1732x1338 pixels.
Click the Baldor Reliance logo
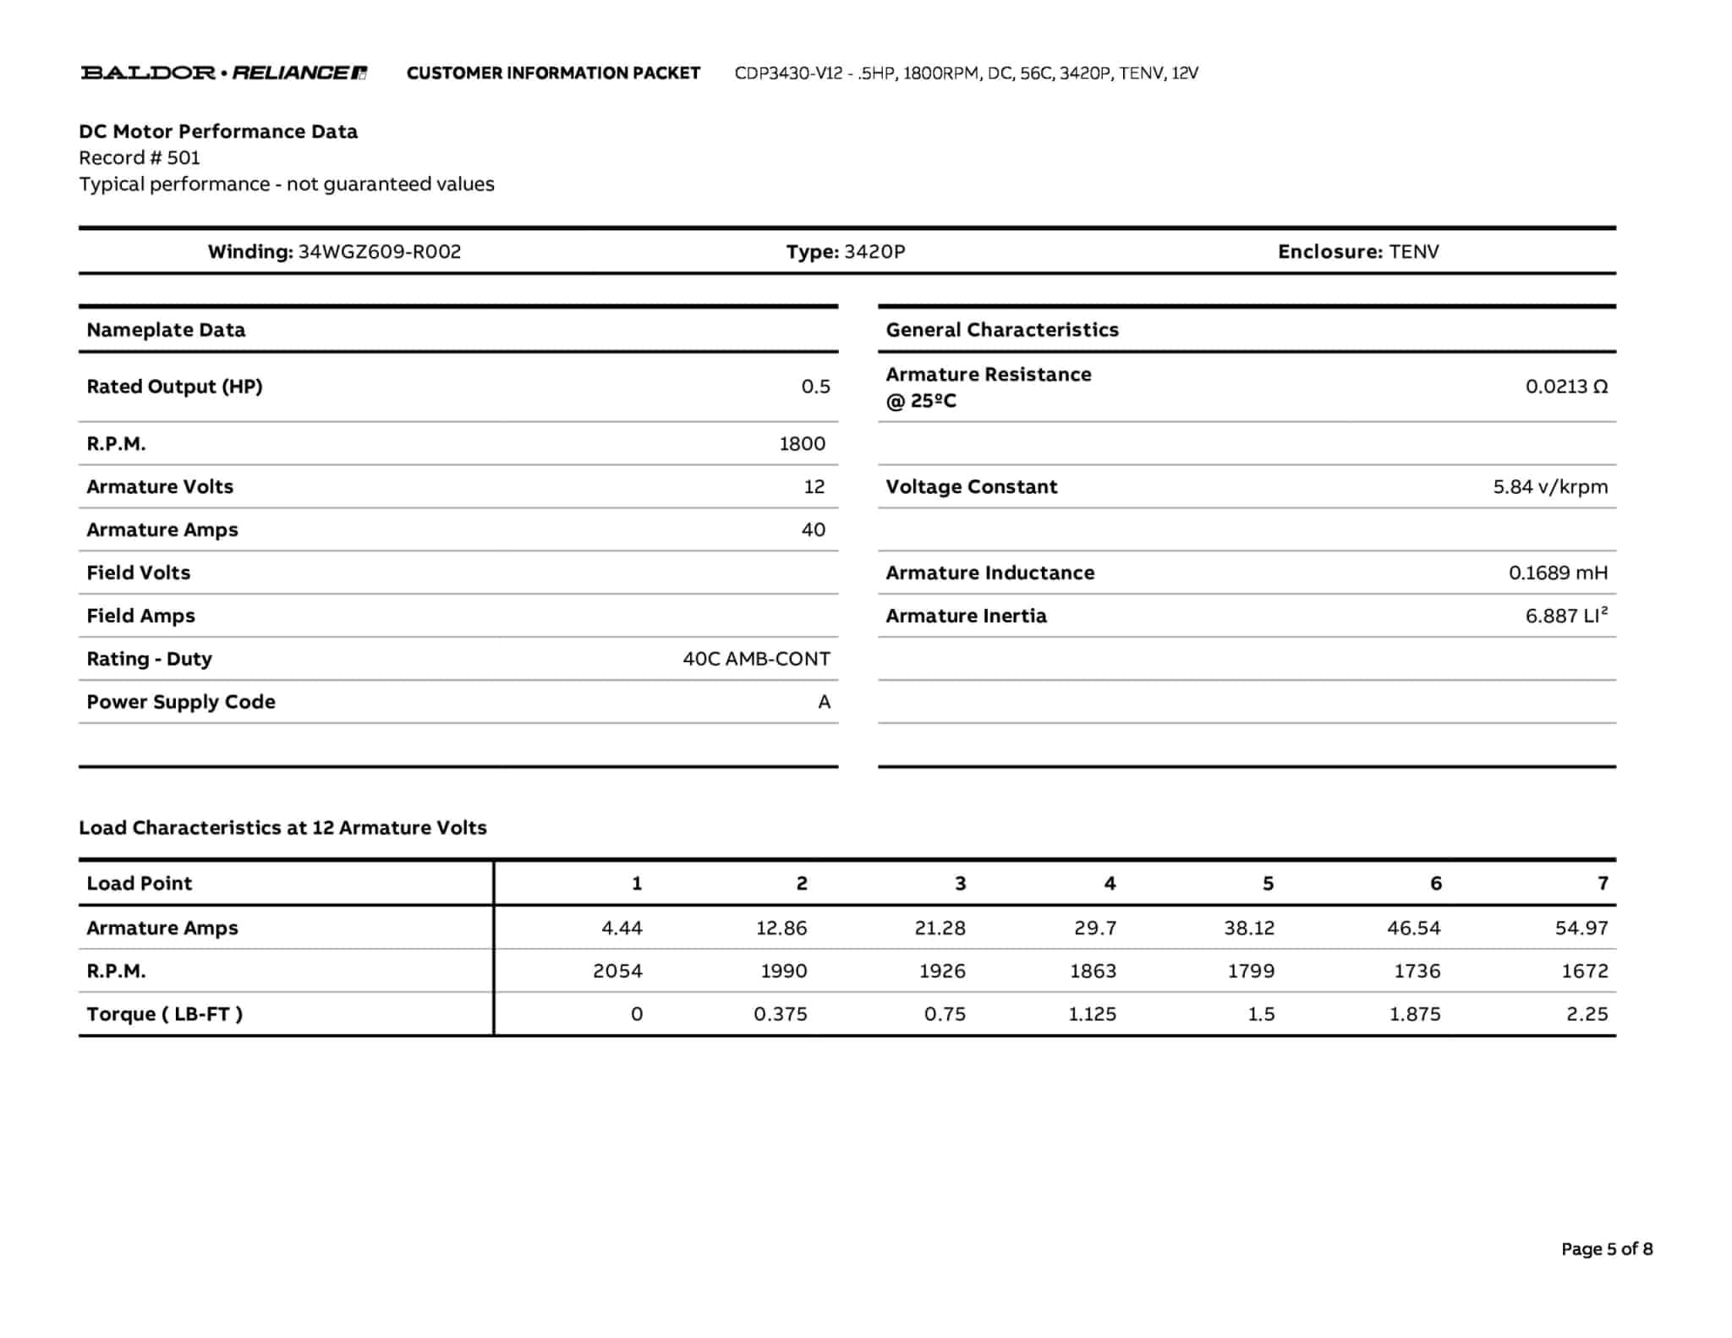click(223, 73)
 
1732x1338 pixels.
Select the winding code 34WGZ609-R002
click(380, 251)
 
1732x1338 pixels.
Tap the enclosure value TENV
click(1414, 251)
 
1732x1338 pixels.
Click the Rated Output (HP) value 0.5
click(815, 387)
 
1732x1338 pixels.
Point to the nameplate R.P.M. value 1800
click(802, 443)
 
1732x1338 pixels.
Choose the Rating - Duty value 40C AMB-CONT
click(756, 659)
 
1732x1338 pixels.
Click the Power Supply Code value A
click(824, 702)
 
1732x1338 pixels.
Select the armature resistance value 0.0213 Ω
click(1566, 387)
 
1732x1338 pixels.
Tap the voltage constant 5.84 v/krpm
click(1550, 486)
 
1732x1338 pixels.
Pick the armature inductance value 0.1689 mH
click(1558, 573)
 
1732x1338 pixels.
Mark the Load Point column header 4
click(1110, 883)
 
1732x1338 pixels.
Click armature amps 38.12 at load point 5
click(1249, 928)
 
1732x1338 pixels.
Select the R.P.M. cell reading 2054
click(617, 971)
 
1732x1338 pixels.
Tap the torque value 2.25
click(1587, 1014)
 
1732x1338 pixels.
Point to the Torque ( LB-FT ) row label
click(164, 1014)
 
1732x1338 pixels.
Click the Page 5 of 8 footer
click(1606, 1248)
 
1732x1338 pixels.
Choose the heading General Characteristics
click(1001, 330)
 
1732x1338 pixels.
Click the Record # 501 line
click(140, 157)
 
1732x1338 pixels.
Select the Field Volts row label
click(138, 573)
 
